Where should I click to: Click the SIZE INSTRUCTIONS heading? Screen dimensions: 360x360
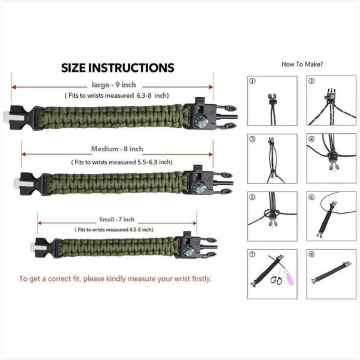118,68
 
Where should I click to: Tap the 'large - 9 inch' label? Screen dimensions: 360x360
114,85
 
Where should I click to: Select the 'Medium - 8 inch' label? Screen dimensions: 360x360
117,149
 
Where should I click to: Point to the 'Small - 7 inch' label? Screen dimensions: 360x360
117,220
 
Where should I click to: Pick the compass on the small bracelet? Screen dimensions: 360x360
188,250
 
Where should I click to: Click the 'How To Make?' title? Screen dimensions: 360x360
302,64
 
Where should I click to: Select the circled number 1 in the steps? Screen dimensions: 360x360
253,81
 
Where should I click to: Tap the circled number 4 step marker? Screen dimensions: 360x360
311,139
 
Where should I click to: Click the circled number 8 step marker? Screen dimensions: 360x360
311,254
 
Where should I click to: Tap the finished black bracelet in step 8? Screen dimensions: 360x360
331,272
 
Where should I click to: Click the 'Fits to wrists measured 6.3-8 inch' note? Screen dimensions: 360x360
117,95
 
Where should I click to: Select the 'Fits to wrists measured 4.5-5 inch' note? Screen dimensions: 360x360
114,230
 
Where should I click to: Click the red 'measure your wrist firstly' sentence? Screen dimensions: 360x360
115,279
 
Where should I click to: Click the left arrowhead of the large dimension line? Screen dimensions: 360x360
14,87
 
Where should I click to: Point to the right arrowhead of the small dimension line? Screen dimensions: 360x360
194,223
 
